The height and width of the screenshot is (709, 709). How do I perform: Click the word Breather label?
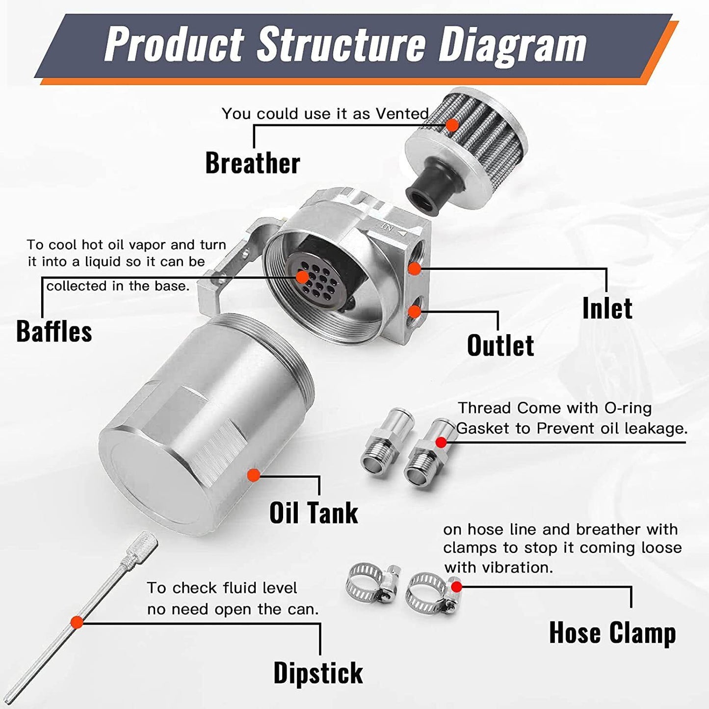252,163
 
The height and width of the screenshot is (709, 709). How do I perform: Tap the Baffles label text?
54,331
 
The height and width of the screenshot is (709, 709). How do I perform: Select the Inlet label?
607,309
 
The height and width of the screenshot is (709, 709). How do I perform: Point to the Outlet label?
500,345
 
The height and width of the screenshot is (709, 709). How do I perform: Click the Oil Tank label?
314,513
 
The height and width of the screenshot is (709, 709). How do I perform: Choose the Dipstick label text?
318,673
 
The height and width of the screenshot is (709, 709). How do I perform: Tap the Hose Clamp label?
612,632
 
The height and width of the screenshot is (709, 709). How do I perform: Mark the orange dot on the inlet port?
415,268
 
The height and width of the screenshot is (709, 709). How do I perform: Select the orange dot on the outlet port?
415,312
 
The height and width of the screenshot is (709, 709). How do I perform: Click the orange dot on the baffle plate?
302,277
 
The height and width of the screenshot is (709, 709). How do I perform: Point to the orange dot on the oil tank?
254,475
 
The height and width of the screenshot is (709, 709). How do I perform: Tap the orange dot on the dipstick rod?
77,622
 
